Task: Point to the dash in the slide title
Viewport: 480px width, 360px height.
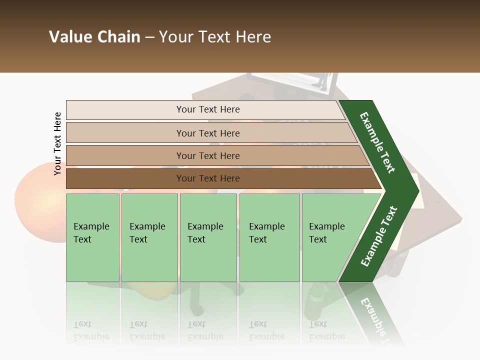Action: point(149,37)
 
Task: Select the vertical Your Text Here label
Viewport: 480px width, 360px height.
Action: point(57,143)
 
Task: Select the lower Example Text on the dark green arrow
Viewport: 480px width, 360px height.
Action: point(378,236)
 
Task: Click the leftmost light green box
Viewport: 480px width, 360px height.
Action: point(92,237)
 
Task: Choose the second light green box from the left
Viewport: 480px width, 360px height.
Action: point(149,237)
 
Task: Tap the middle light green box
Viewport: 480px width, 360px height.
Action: point(208,237)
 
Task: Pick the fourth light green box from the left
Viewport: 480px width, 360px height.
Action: point(269,237)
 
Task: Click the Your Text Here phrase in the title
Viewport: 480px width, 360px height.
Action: point(215,37)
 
